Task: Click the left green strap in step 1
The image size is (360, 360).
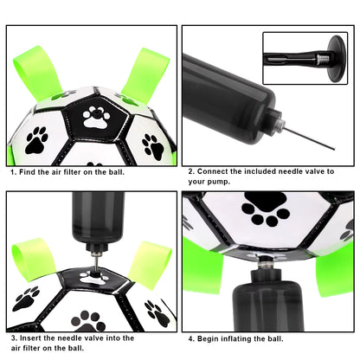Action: [33, 74]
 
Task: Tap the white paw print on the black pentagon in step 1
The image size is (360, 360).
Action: [95, 116]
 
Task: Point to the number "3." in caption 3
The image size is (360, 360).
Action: [14, 337]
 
